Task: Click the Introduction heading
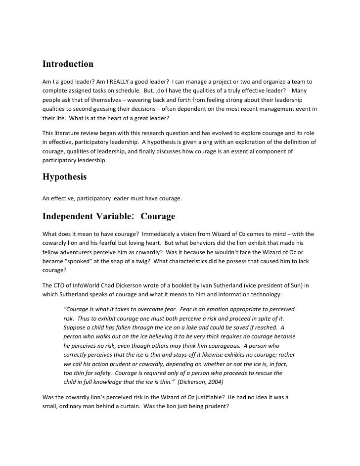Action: click(x=68, y=64)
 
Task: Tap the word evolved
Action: click(x=217, y=134)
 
